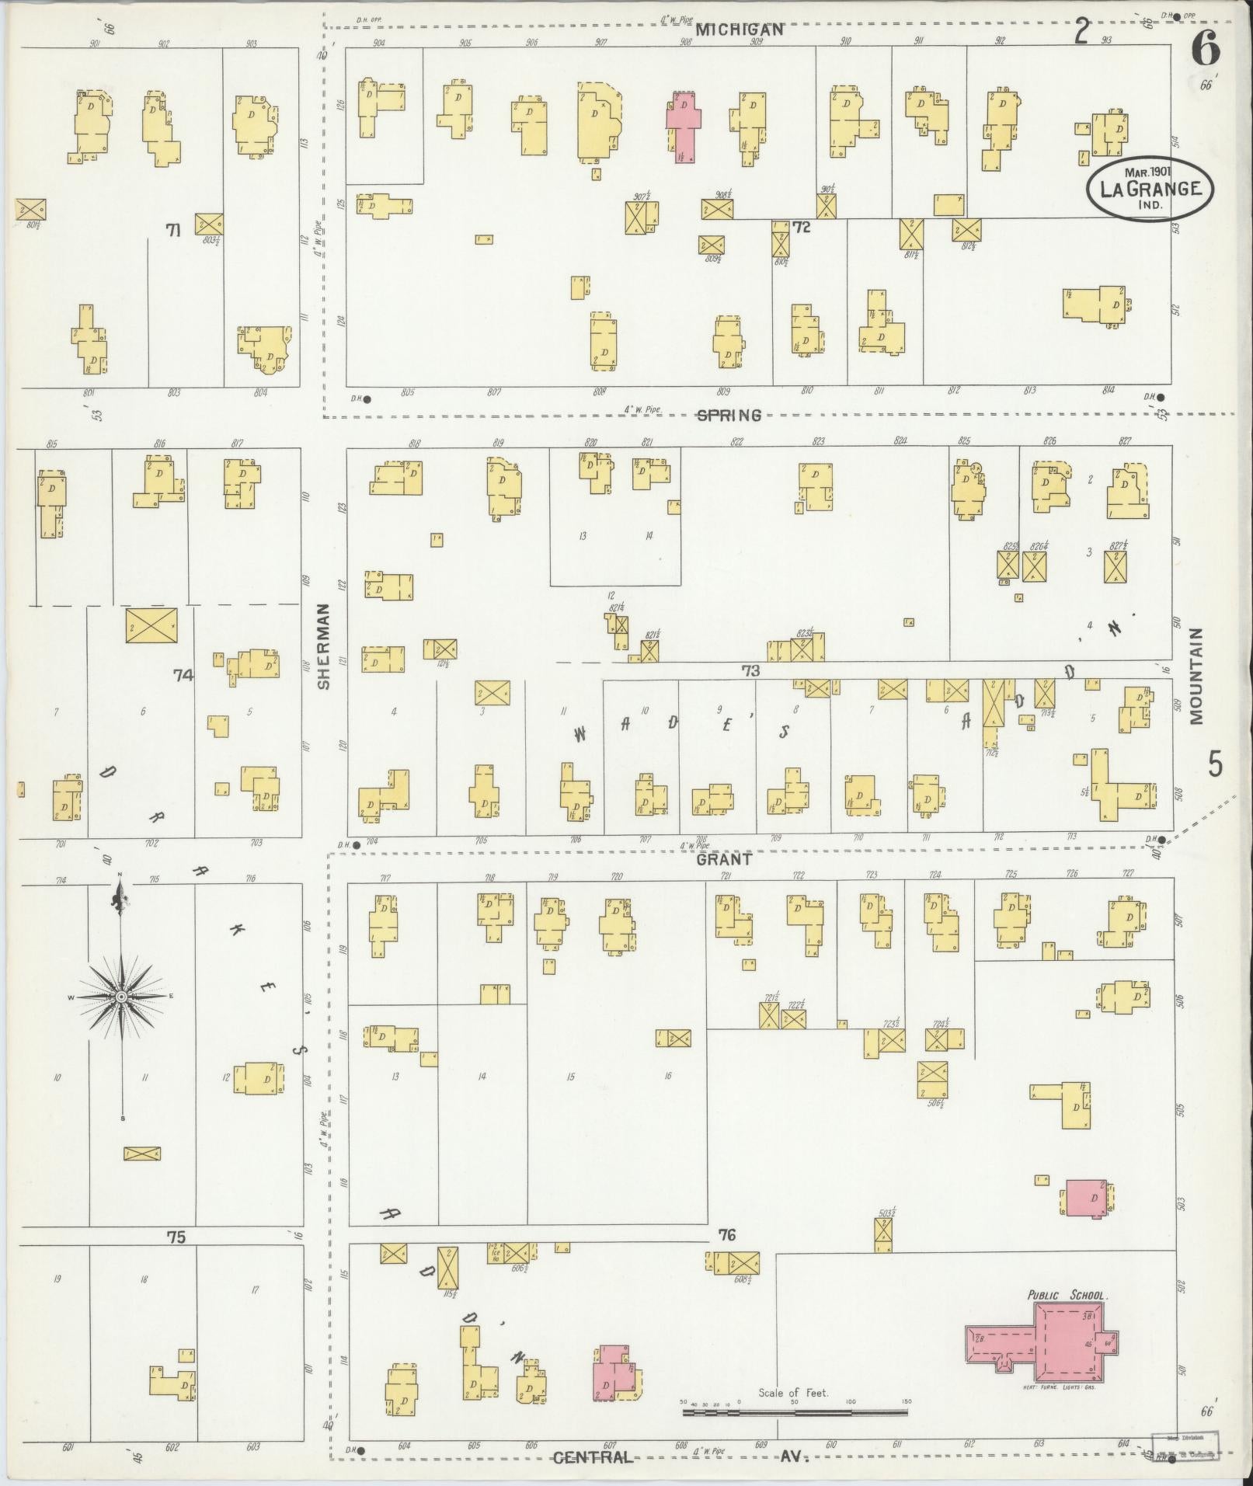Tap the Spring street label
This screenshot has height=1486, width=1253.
pos(728,415)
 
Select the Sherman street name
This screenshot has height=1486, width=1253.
pos(324,646)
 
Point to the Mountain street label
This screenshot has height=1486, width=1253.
pos(1196,676)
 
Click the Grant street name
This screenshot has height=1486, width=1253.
pos(723,860)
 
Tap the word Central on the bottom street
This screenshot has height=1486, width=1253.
pos(593,1457)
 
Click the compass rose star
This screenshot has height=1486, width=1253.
pos(121,997)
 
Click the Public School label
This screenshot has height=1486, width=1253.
pos(1067,1296)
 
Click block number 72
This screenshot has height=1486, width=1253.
pos(801,228)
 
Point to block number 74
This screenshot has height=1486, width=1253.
pos(183,676)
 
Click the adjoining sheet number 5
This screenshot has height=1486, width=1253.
pos(1215,765)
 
